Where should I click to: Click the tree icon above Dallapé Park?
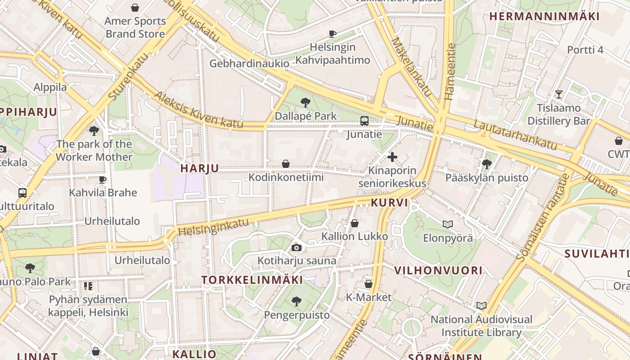(x=306, y=103)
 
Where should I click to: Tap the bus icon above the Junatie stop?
(x=364, y=121)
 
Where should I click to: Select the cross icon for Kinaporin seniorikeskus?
(x=392, y=157)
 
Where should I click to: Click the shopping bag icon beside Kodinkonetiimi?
(x=285, y=164)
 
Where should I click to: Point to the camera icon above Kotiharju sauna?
(x=296, y=247)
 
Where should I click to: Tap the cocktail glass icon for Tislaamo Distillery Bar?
(x=558, y=94)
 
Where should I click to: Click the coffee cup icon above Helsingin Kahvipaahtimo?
(x=332, y=34)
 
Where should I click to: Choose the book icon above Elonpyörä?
(x=448, y=224)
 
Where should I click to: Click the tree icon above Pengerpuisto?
(x=296, y=301)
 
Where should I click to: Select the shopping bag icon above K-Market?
(x=368, y=284)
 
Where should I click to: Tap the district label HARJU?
(x=199, y=168)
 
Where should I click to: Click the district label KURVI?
(x=389, y=202)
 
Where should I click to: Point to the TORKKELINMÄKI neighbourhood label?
(x=252, y=280)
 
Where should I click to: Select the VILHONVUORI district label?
(x=438, y=270)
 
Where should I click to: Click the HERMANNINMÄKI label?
(x=544, y=17)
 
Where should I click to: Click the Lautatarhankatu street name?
(x=515, y=134)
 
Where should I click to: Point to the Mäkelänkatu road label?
(x=411, y=67)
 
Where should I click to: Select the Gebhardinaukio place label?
(x=249, y=63)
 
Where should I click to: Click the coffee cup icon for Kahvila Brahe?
(x=103, y=180)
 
